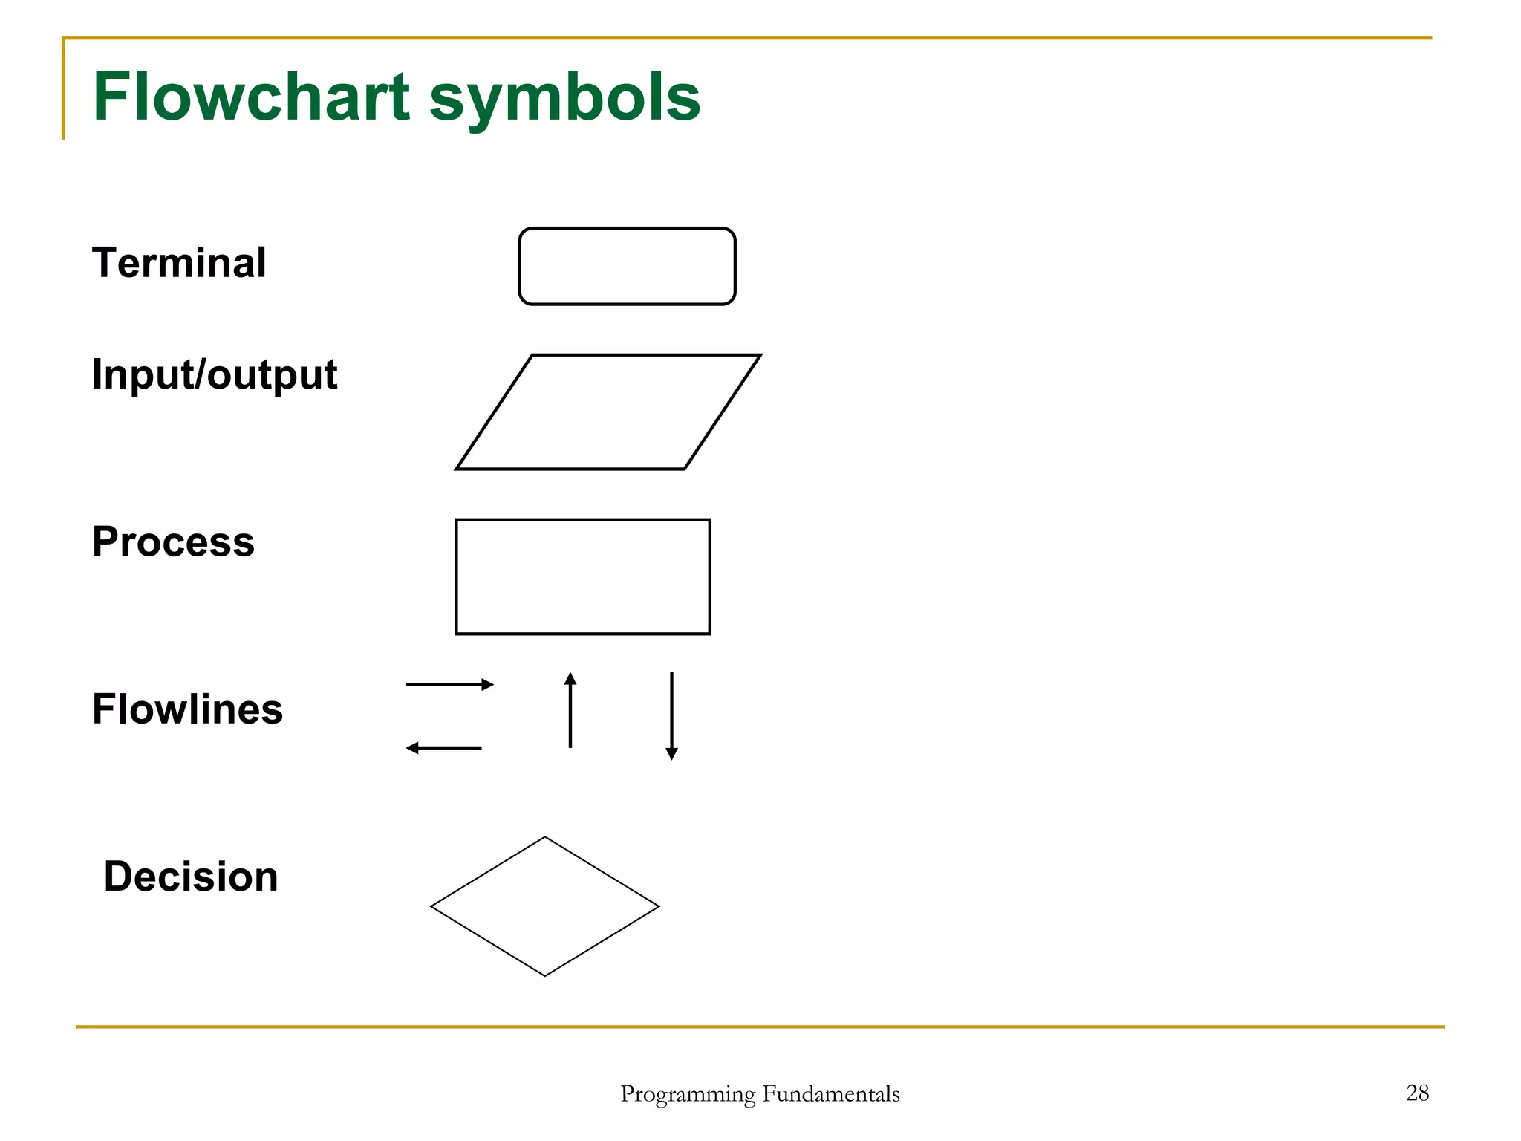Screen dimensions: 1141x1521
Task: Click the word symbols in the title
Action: coord(564,98)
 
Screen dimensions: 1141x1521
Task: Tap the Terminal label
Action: coord(179,263)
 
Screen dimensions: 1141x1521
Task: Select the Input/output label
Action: coord(215,374)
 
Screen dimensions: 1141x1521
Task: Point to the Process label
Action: coord(173,542)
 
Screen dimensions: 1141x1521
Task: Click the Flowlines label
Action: coord(187,709)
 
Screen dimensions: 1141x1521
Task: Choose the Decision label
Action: coord(191,877)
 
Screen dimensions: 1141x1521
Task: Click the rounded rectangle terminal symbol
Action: coord(627,266)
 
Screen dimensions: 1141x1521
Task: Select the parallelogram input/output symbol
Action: coord(608,412)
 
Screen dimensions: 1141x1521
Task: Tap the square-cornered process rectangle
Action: coord(582,576)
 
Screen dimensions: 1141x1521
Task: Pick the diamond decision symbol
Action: coord(544,906)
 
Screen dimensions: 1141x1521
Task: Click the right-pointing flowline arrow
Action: coord(449,684)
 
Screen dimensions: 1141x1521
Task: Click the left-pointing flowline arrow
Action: coord(443,748)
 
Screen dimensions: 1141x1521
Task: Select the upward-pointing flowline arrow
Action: coord(570,710)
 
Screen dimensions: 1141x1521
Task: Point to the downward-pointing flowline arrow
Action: coord(671,715)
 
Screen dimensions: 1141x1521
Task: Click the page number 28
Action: coord(1417,1093)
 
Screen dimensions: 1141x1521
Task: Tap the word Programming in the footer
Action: coord(688,1094)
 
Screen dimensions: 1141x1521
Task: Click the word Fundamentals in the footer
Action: coord(831,1093)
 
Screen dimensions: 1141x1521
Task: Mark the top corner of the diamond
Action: coord(544,838)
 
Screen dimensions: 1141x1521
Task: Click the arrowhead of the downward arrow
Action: coord(671,754)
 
